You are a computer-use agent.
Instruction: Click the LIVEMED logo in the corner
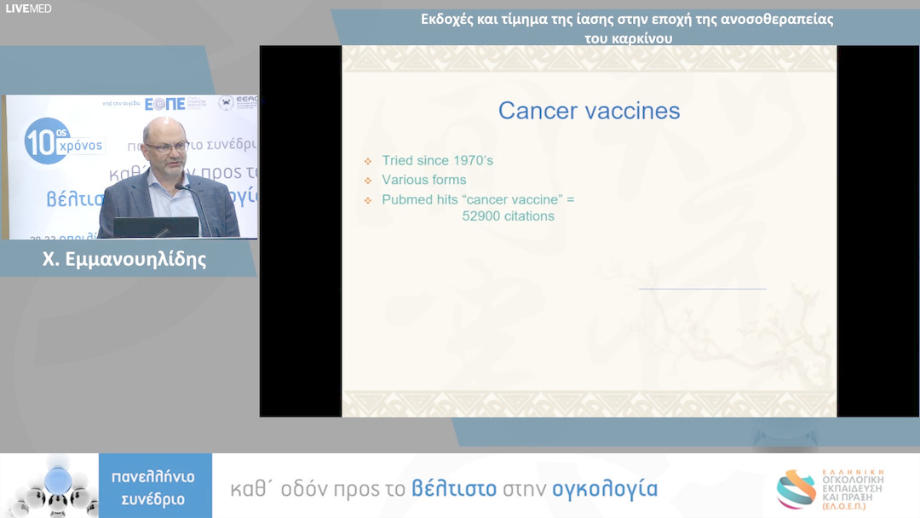coord(28,9)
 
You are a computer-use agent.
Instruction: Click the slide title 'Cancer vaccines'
coord(589,111)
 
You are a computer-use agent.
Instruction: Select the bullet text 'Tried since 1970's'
coord(437,160)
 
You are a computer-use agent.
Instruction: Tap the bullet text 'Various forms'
coord(423,180)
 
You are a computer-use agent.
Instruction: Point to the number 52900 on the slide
coord(482,216)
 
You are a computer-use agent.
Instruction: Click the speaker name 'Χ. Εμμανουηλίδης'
coord(124,260)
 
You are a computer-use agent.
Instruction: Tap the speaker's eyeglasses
coord(164,147)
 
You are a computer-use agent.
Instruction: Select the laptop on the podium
coord(144,227)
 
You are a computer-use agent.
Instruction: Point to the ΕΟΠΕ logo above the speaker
coord(164,104)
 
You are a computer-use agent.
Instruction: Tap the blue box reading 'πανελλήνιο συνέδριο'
coord(153,487)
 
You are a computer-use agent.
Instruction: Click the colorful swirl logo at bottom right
coord(796,489)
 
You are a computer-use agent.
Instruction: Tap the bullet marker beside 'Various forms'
coord(368,181)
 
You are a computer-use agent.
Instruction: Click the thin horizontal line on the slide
coord(702,289)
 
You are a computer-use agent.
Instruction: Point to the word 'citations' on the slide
coord(529,216)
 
